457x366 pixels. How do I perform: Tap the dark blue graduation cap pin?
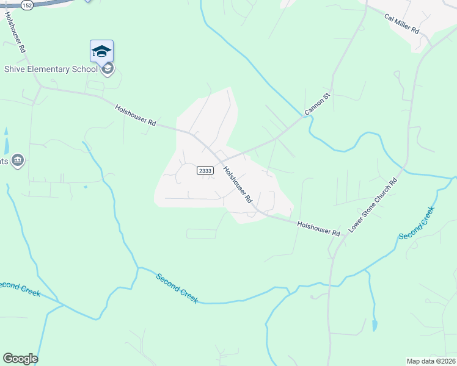tap(101, 51)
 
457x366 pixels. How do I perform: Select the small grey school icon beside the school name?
tap(108, 69)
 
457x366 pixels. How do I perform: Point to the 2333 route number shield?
tap(205, 171)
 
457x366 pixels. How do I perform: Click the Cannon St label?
tap(317, 103)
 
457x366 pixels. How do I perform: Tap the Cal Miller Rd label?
tap(401, 22)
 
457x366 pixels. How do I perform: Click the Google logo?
tap(20, 359)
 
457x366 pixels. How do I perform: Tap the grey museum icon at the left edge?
tap(17, 160)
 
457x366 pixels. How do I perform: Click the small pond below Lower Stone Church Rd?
tap(375, 325)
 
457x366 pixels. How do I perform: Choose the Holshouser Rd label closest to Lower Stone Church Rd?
tap(318, 229)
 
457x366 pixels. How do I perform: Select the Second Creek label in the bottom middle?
tap(177, 288)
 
